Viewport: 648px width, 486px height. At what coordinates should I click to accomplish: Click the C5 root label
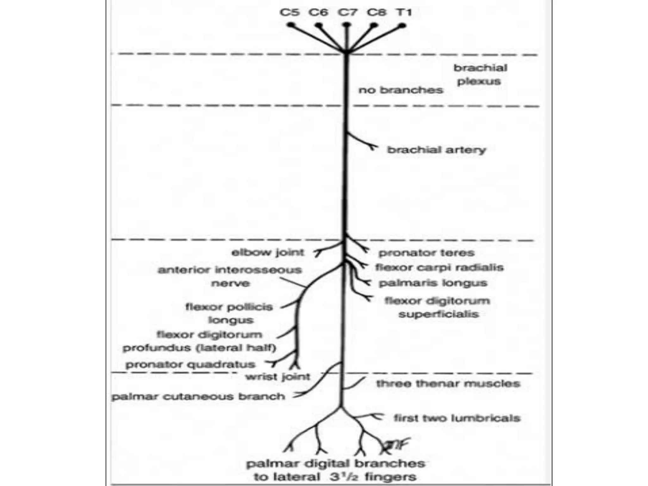click(x=290, y=12)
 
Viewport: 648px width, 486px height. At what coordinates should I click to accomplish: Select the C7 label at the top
click(x=347, y=12)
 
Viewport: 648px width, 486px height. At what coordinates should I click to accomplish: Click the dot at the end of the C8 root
click(x=374, y=25)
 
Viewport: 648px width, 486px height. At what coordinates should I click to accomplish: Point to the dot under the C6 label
click(x=319, y=25)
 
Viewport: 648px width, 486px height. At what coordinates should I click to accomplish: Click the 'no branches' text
click(x=401, y=90)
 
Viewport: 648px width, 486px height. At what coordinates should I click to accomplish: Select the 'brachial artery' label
click(x=437, y=150)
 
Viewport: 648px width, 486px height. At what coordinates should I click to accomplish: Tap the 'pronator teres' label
click(x=427, y=253)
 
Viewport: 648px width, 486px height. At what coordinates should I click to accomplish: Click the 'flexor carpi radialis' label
click(x=439, y=267)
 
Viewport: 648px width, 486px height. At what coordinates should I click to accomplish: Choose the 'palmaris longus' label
click(x=433, y=283)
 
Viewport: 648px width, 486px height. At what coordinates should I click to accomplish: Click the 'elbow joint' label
click(x=268, y=252)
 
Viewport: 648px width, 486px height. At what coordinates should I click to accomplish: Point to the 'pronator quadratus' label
click(x=190, y=364)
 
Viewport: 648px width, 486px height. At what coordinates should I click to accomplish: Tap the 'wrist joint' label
click(x=278, y=377)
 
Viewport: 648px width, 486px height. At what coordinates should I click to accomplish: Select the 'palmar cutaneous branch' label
click(x=198, y=396)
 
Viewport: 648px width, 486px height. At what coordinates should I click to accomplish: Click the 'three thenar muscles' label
click(x=448, y=384)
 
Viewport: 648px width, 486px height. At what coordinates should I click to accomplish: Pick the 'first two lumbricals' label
click(x=457, y=418)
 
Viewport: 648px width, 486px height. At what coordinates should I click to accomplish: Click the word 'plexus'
click(x=479, y=81)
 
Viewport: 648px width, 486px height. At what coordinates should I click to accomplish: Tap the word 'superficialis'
click(x=439, y=314)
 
